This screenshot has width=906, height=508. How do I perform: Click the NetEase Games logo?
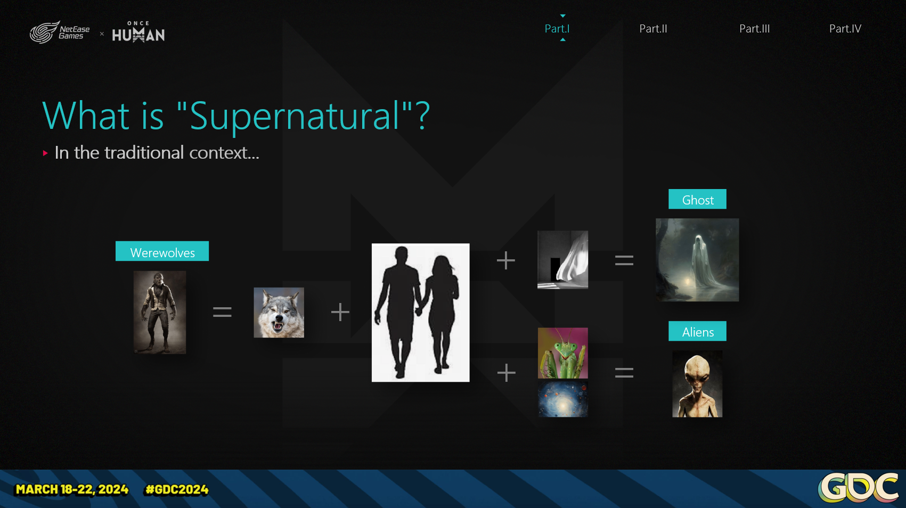pos(60,32)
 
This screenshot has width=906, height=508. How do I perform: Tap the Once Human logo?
pos(138,32)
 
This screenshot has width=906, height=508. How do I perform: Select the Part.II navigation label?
pos(653,29)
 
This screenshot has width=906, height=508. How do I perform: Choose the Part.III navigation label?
pos(754,29)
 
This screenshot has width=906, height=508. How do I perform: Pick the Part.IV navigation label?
pos(845,29)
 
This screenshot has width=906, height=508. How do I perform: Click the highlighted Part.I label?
pos(557,29)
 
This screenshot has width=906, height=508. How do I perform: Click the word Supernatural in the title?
pos(294,117)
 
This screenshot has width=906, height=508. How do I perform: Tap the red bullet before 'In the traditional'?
pos(45,153)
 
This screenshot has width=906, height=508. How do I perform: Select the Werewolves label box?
pos(162,251)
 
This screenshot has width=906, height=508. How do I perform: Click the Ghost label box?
pos(697,199)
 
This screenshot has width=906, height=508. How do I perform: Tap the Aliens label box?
pos(697,331)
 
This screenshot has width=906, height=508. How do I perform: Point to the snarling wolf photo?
pos(279,313)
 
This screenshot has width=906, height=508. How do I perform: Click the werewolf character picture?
pos(160,312)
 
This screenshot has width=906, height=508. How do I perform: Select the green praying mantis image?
pos(562,353)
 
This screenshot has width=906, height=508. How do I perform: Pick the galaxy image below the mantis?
pos(562,398)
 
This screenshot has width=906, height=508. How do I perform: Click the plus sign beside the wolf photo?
pos(340,312)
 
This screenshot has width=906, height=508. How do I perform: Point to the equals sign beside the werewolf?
pos(222,312)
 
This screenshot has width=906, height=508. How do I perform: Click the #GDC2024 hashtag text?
pos(177,489)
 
